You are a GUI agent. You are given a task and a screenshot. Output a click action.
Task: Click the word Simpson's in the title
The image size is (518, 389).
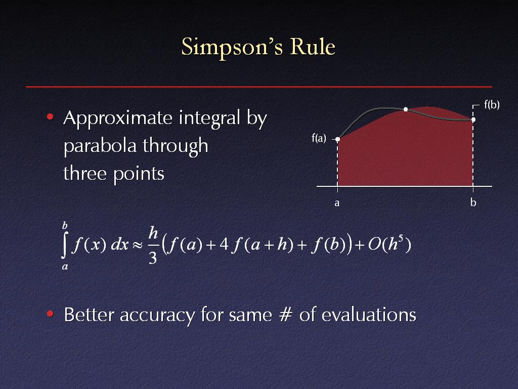pyautogui.click(x=232, y=47)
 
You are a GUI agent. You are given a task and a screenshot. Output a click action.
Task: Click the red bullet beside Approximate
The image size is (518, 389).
pyautogui.click(x=50, y=116)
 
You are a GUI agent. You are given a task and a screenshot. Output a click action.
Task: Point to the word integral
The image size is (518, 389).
pyautogui.click(x=209, y=119)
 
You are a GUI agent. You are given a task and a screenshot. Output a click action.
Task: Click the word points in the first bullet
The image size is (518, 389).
pyautogui.click(x=139, y=174)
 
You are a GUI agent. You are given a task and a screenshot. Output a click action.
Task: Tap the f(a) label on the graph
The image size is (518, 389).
pyautogui.click(x=319, y=138)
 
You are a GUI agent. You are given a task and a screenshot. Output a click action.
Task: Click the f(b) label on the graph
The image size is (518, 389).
pyautogui.click(x=492, y=105)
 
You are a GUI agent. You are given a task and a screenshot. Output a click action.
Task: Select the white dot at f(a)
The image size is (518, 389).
pyautogui.click(x=337, y=139)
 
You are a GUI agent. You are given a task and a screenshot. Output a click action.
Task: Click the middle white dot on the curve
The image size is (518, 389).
pyautogui.click(x=406, y=109)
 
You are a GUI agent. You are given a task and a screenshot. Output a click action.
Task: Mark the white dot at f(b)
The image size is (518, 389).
pyautogui.click(x=473, y=120)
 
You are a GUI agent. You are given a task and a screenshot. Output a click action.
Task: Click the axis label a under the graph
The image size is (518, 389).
pyautogui.click(x=337, y=203)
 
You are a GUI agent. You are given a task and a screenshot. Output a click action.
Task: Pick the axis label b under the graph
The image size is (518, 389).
pyautogui.click(x=473, y=202)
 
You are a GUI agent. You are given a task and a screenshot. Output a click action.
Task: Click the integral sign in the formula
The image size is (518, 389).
pyautogui.click(x=65, y=245)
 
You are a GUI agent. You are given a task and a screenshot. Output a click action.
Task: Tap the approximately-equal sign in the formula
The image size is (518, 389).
pyautogui.click(x=138, y=245)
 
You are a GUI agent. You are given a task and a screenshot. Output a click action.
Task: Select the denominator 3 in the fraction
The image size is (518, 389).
pyautogui.click(x=153, y=258)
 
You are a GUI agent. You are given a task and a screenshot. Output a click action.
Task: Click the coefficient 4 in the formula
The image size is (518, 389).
pyautogui.click(x=224, y=245)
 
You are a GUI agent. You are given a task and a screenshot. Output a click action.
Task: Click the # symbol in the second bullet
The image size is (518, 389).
pyautogui.click(x=286, y=314)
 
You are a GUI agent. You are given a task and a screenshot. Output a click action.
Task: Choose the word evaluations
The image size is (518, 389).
pyautogui.click(x=369, y=314)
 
